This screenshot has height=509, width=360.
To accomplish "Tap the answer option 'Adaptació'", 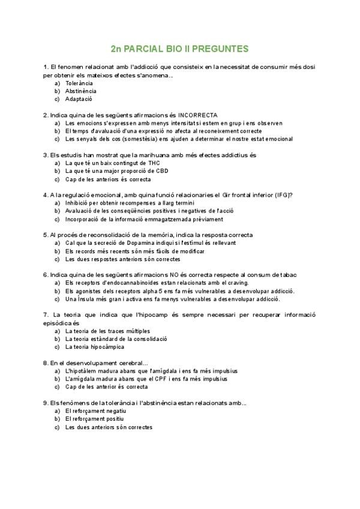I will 79,99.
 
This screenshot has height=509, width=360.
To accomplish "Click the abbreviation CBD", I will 161,170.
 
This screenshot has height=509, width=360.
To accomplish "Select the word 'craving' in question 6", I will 238,283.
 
